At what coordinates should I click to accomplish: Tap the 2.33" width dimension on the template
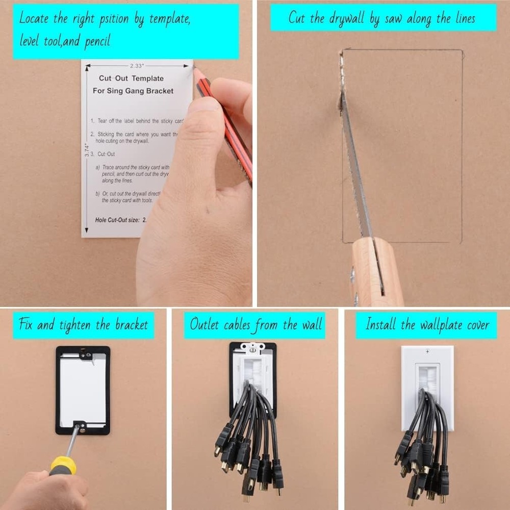pyautogui.click(x=137, y=66)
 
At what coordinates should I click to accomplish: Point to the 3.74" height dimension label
pyautogui.click(x=88, y=150)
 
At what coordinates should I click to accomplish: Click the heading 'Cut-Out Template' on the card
pyautogui.click(x=131, y=79)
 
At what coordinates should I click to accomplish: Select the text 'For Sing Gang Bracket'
pyautogui.click(x=133, y=91)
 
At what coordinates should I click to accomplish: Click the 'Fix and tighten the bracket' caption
pyautogui.click(x=83, y=325)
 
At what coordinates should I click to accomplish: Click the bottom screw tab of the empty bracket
pyautogui.click(x=80, y=423)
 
